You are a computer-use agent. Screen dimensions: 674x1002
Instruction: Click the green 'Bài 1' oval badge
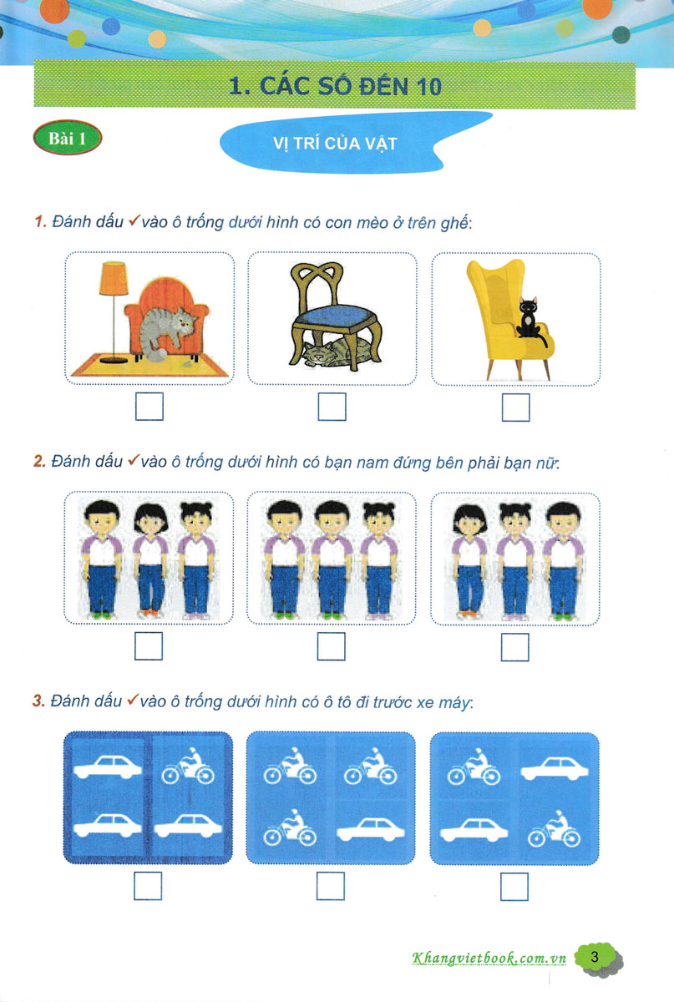coord(68,137)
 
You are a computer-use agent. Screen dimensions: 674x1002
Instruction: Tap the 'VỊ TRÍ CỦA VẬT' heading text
coord(335,144)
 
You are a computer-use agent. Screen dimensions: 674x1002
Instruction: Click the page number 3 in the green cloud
coord(595,957)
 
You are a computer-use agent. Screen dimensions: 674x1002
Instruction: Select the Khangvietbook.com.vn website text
coord(489,958)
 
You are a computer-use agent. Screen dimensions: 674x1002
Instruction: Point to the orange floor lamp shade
coord(114,278)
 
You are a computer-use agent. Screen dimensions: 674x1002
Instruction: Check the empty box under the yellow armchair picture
coord(515,407)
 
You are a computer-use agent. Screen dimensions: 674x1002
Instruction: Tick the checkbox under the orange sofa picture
coord(149,406)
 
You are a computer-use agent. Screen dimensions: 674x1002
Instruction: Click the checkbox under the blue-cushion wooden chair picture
coord(332,407)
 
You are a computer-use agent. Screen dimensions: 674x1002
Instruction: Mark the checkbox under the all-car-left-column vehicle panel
coord(148,886)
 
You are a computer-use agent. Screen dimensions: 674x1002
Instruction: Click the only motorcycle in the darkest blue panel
coord(188,767)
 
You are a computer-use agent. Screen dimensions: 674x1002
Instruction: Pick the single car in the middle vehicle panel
coord(371,830)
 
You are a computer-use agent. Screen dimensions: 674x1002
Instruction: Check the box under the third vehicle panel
coord(514,887)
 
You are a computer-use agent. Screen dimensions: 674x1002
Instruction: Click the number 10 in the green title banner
coord(428,87)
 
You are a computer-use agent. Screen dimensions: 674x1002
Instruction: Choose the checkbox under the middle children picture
coord(332,646)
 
